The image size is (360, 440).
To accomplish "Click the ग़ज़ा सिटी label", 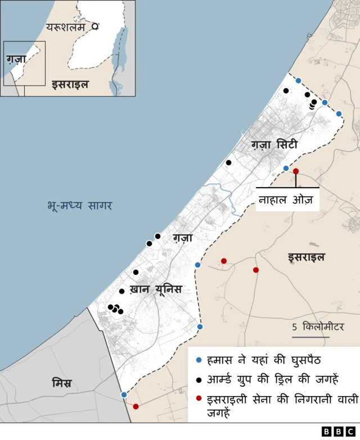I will (x=274, y=145).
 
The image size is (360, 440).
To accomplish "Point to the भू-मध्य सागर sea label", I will (x=80, y=206).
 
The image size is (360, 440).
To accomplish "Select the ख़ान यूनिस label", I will (x=156, y=289).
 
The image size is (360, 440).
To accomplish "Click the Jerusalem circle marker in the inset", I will (x=96, y=26).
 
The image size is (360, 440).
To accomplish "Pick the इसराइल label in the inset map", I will (x=70, y=85).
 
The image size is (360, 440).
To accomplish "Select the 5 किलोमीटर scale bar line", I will (x=310, y=338).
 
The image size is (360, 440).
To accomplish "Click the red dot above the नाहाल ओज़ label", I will (x=296, y=171).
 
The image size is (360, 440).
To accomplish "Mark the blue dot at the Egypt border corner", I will (x=124, y=394).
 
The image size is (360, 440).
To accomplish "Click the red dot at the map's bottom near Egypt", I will (x=136, y=406).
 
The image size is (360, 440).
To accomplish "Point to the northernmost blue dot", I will (x=298, y=80).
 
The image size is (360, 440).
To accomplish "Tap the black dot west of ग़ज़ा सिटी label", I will (x=229, y=162).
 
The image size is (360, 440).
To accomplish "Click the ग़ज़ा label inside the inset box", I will (x=17, y=58).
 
